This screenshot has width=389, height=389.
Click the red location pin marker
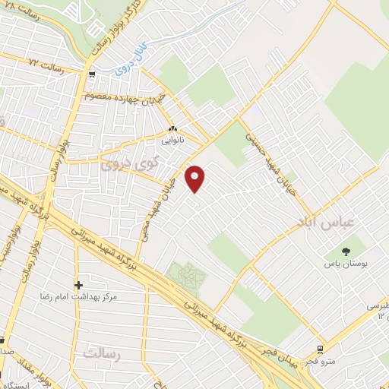196,179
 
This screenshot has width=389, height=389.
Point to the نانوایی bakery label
172,140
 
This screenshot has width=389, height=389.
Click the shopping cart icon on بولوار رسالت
92,74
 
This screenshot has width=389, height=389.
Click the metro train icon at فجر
321,349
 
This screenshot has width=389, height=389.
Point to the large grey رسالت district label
103,354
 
